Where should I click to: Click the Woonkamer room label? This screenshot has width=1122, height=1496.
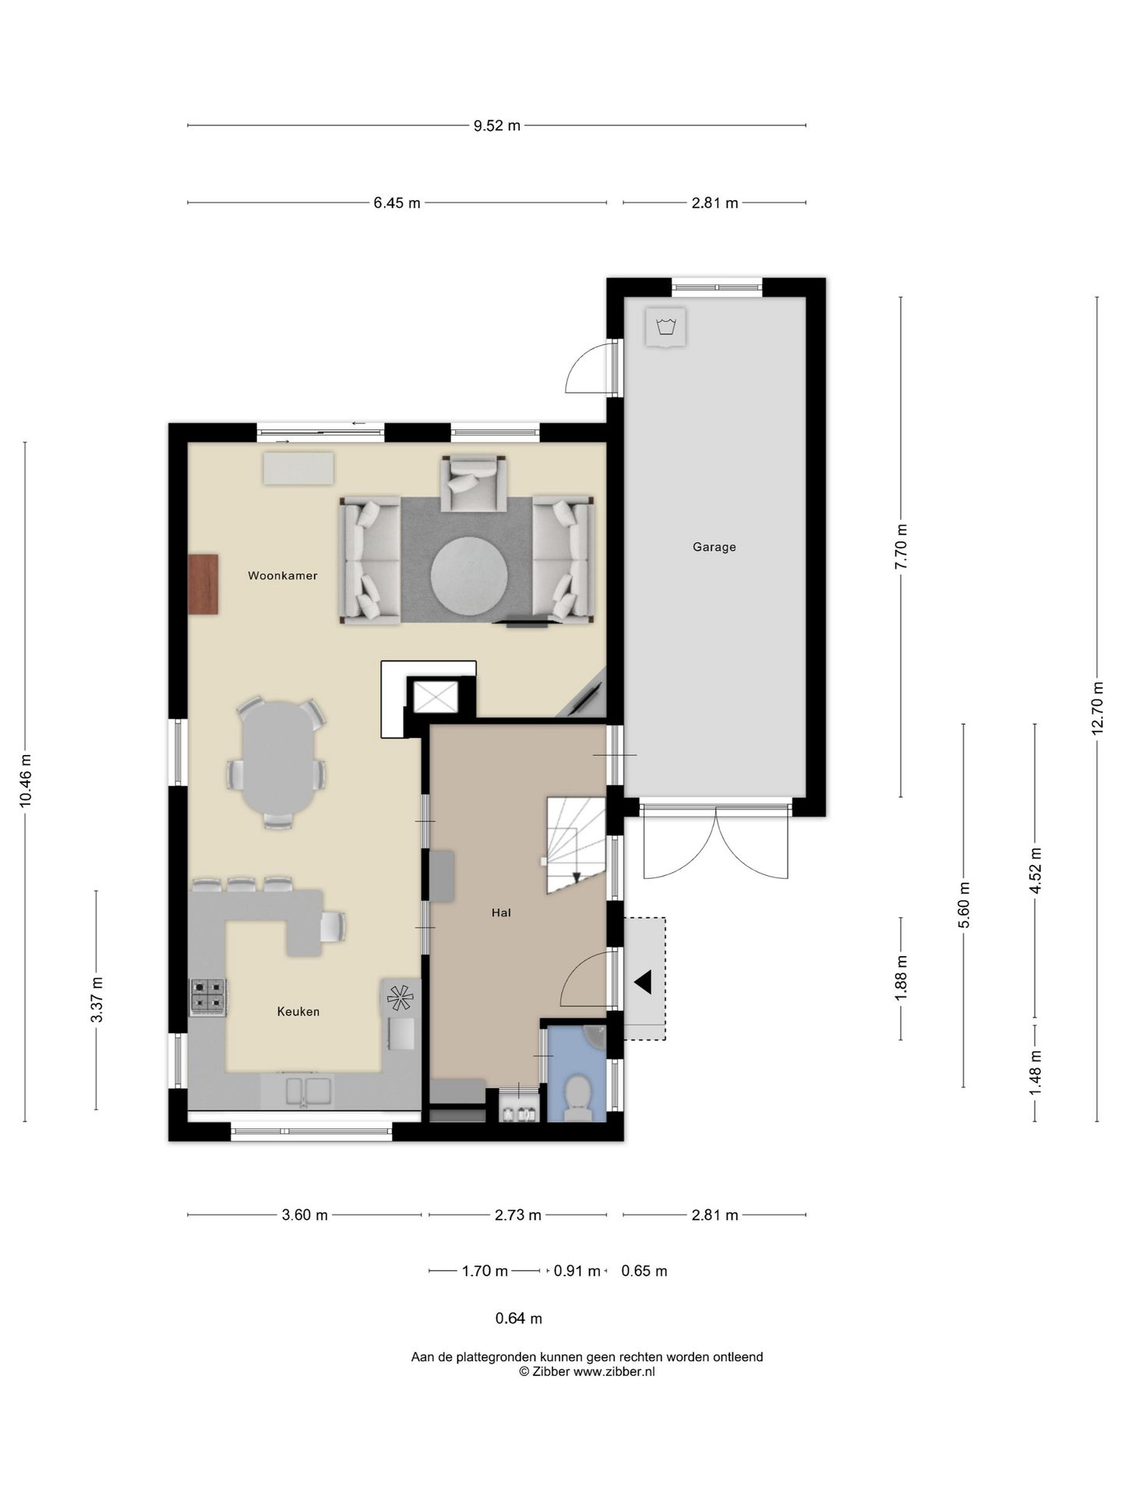coord(282,576)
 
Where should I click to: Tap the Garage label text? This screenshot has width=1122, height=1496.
coord(714,547)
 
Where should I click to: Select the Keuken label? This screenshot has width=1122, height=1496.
coord(298,1011)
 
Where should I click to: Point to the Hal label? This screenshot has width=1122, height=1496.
coord(501,912)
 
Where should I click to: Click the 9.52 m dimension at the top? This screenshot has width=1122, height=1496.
coord(497,125)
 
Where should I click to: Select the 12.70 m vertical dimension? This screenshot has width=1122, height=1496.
coord(1097,708)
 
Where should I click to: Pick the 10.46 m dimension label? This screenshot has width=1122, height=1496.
coord(25,782)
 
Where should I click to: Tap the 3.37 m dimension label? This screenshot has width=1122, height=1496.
coord(96,1000)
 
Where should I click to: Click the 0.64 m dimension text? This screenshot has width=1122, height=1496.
coord(519,1318)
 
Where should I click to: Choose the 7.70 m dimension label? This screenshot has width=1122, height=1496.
coord(901,547)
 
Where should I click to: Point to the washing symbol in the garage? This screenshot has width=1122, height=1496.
coord(665,326)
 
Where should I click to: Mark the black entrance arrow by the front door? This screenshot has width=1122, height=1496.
coord(643,983)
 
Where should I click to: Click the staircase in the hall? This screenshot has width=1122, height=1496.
coord(576,845)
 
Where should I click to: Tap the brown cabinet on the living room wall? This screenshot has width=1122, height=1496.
coord(203,584)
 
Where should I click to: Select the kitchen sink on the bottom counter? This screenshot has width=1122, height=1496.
coord(308,1089)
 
